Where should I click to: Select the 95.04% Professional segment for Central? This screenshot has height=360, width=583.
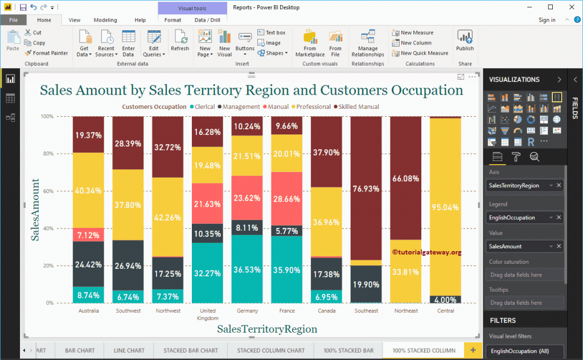point(445,206)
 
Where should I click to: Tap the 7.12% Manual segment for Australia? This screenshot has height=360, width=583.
point(88,235)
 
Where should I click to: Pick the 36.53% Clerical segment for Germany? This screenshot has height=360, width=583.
point(247,269)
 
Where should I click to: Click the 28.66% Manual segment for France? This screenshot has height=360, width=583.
point(287,203)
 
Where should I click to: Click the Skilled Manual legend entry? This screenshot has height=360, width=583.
point(356,107)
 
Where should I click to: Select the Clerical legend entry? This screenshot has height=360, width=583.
point(204,107)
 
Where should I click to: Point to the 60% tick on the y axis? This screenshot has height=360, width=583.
point(47,191)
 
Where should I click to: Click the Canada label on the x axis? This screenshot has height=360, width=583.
point(326,311)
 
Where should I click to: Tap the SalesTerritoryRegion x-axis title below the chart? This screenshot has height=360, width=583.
point(267,329)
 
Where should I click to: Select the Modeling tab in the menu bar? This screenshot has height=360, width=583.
point(105,20)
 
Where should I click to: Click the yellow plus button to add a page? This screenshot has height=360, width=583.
point(473,350)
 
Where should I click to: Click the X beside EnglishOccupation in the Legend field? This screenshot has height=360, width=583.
point(559,218)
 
